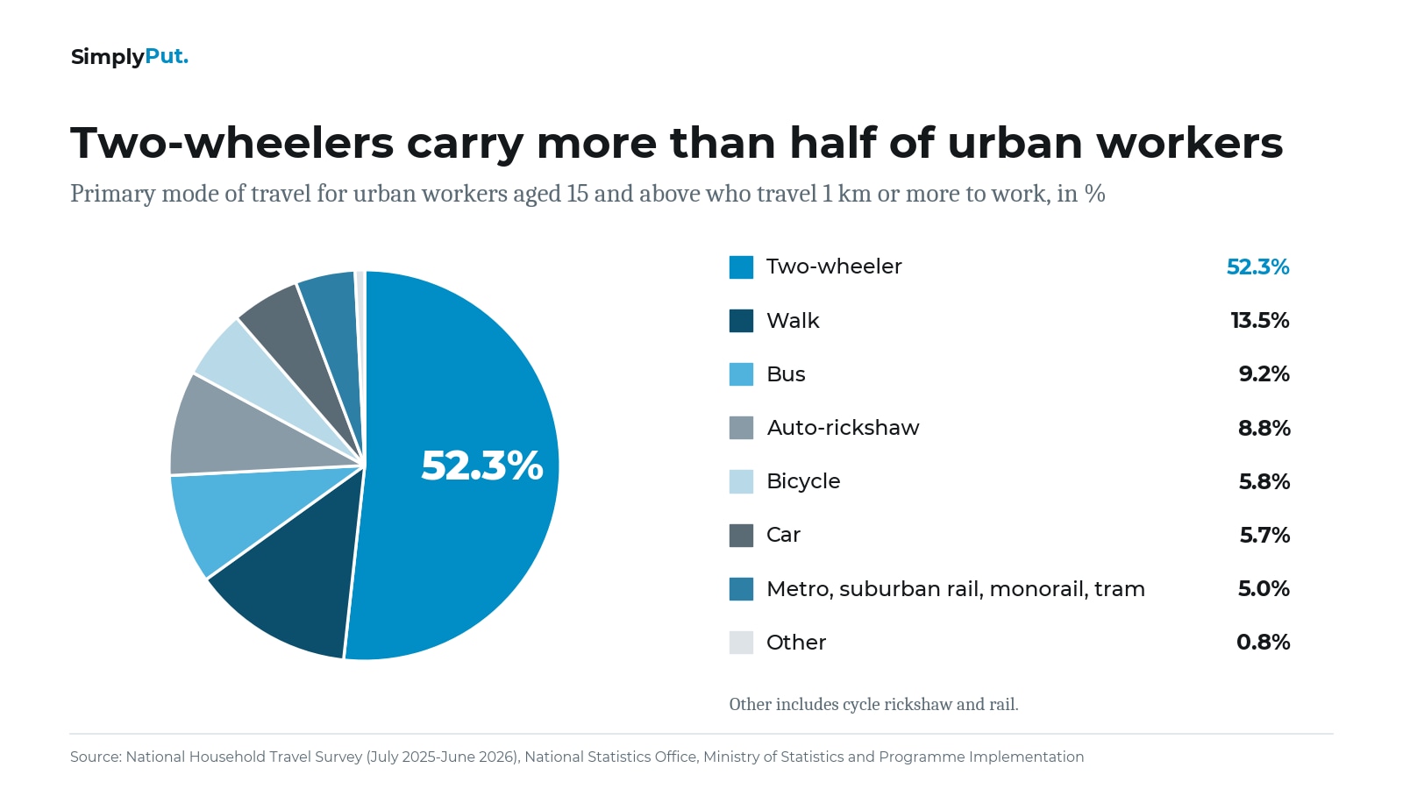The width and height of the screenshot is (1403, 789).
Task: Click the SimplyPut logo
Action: pyautogui.click(x=129, y=57)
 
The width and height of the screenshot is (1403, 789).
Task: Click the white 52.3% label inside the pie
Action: pyautogui.click(x=481, y=466)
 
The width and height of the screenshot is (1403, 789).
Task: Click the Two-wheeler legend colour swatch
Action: pyautogui.click(x=741, y=267)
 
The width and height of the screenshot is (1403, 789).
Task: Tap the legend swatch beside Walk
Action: pyautogui.click(x=741, y=321)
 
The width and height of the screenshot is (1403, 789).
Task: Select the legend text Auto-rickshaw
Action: pyautogui.click(x=843, y=428)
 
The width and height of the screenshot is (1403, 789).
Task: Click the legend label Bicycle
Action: pyautogui.click(x=803, y=481)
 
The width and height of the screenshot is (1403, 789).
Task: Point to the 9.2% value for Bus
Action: pyautogui.click(x=1264, y=374)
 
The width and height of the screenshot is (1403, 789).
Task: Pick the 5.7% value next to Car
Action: pyautogui.click(x=1264, y=536)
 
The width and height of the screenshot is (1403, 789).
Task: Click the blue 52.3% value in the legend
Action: pyautogui.click(x=1257, y=267)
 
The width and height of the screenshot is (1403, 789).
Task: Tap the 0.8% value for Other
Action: pyautogui.click(x=1264, y=643)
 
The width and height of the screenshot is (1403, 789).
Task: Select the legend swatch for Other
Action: pyautogui.click(x=741, y=643)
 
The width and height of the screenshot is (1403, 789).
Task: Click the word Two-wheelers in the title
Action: pyautogui.click(x=231, y=144)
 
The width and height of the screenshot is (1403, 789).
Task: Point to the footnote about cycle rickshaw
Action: pyautogui.click(x=873, y=705)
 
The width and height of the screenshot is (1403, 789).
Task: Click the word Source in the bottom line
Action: pyautogui.click(x=96, y=757)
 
